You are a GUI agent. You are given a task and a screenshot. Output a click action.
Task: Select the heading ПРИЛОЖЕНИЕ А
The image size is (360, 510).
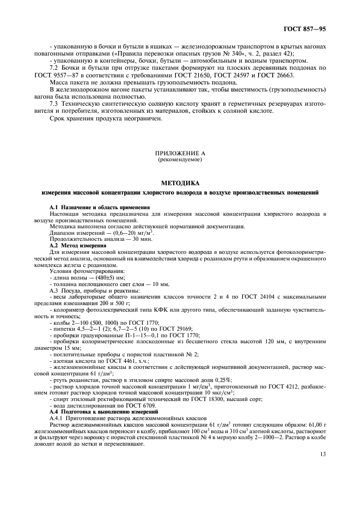coord(179,154)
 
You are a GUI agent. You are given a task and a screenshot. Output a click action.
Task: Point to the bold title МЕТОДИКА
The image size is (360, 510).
coord(179,184)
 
